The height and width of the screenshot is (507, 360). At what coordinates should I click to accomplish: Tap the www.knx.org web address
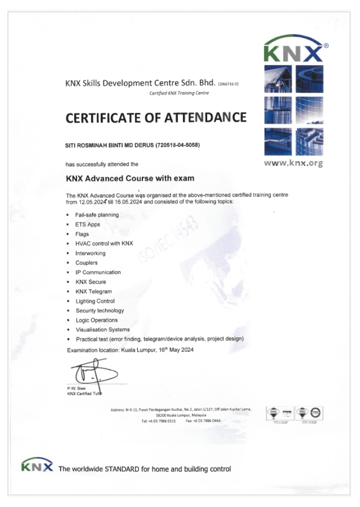294,163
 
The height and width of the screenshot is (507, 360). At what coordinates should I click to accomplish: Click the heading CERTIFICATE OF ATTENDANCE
156,118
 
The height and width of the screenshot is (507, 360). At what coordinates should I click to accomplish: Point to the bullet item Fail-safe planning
97,215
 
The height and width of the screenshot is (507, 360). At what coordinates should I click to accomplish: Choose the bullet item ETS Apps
88,224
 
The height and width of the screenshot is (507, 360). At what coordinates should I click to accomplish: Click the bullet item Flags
82,234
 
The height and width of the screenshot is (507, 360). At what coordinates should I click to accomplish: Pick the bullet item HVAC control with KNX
104,243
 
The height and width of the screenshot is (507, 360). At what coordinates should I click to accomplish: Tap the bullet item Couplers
87,263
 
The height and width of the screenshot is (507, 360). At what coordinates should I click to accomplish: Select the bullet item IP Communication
98,272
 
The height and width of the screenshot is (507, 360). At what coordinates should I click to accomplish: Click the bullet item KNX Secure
91,282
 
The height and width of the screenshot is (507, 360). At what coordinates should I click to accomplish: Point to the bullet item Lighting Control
95,301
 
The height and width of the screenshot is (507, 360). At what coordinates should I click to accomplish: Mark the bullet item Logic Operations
97,320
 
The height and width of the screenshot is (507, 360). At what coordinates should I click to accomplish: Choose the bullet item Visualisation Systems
103,330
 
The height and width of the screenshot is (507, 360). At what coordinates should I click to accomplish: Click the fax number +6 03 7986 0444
207,421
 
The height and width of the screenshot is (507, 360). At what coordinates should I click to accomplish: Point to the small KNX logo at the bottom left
37,465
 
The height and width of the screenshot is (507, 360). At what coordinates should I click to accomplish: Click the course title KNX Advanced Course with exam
130,178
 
